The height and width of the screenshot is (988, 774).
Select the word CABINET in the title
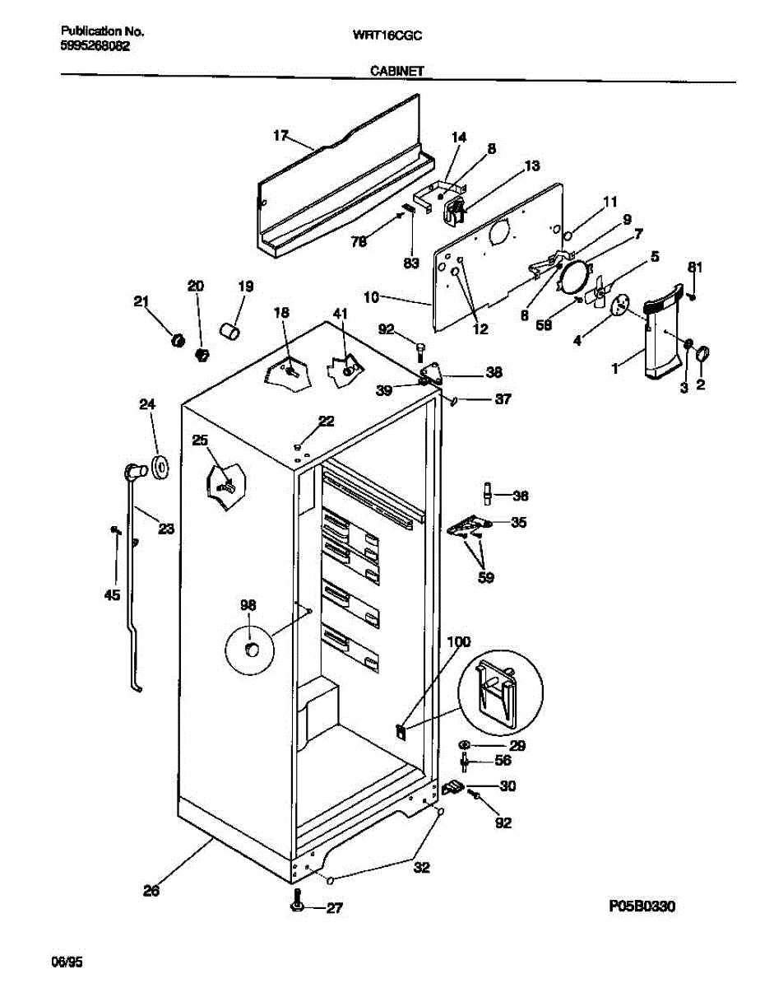[x=397, y=72]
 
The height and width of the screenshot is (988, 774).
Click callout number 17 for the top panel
[x=281, y=134]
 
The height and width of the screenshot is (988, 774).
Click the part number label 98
[x=248, y=605]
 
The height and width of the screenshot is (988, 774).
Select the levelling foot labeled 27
[x=298, y=906]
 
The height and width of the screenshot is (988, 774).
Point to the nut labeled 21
[x=174, y=339]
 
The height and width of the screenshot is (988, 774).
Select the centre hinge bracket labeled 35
[x=469, y=525]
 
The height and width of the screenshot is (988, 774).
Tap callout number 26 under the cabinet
[x=151, y=889]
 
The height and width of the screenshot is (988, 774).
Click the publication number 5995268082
[x=95, y=47]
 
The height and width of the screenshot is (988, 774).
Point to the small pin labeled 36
[x=487, y=494]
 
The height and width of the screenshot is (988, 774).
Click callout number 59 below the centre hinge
[x=486, y=577]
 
